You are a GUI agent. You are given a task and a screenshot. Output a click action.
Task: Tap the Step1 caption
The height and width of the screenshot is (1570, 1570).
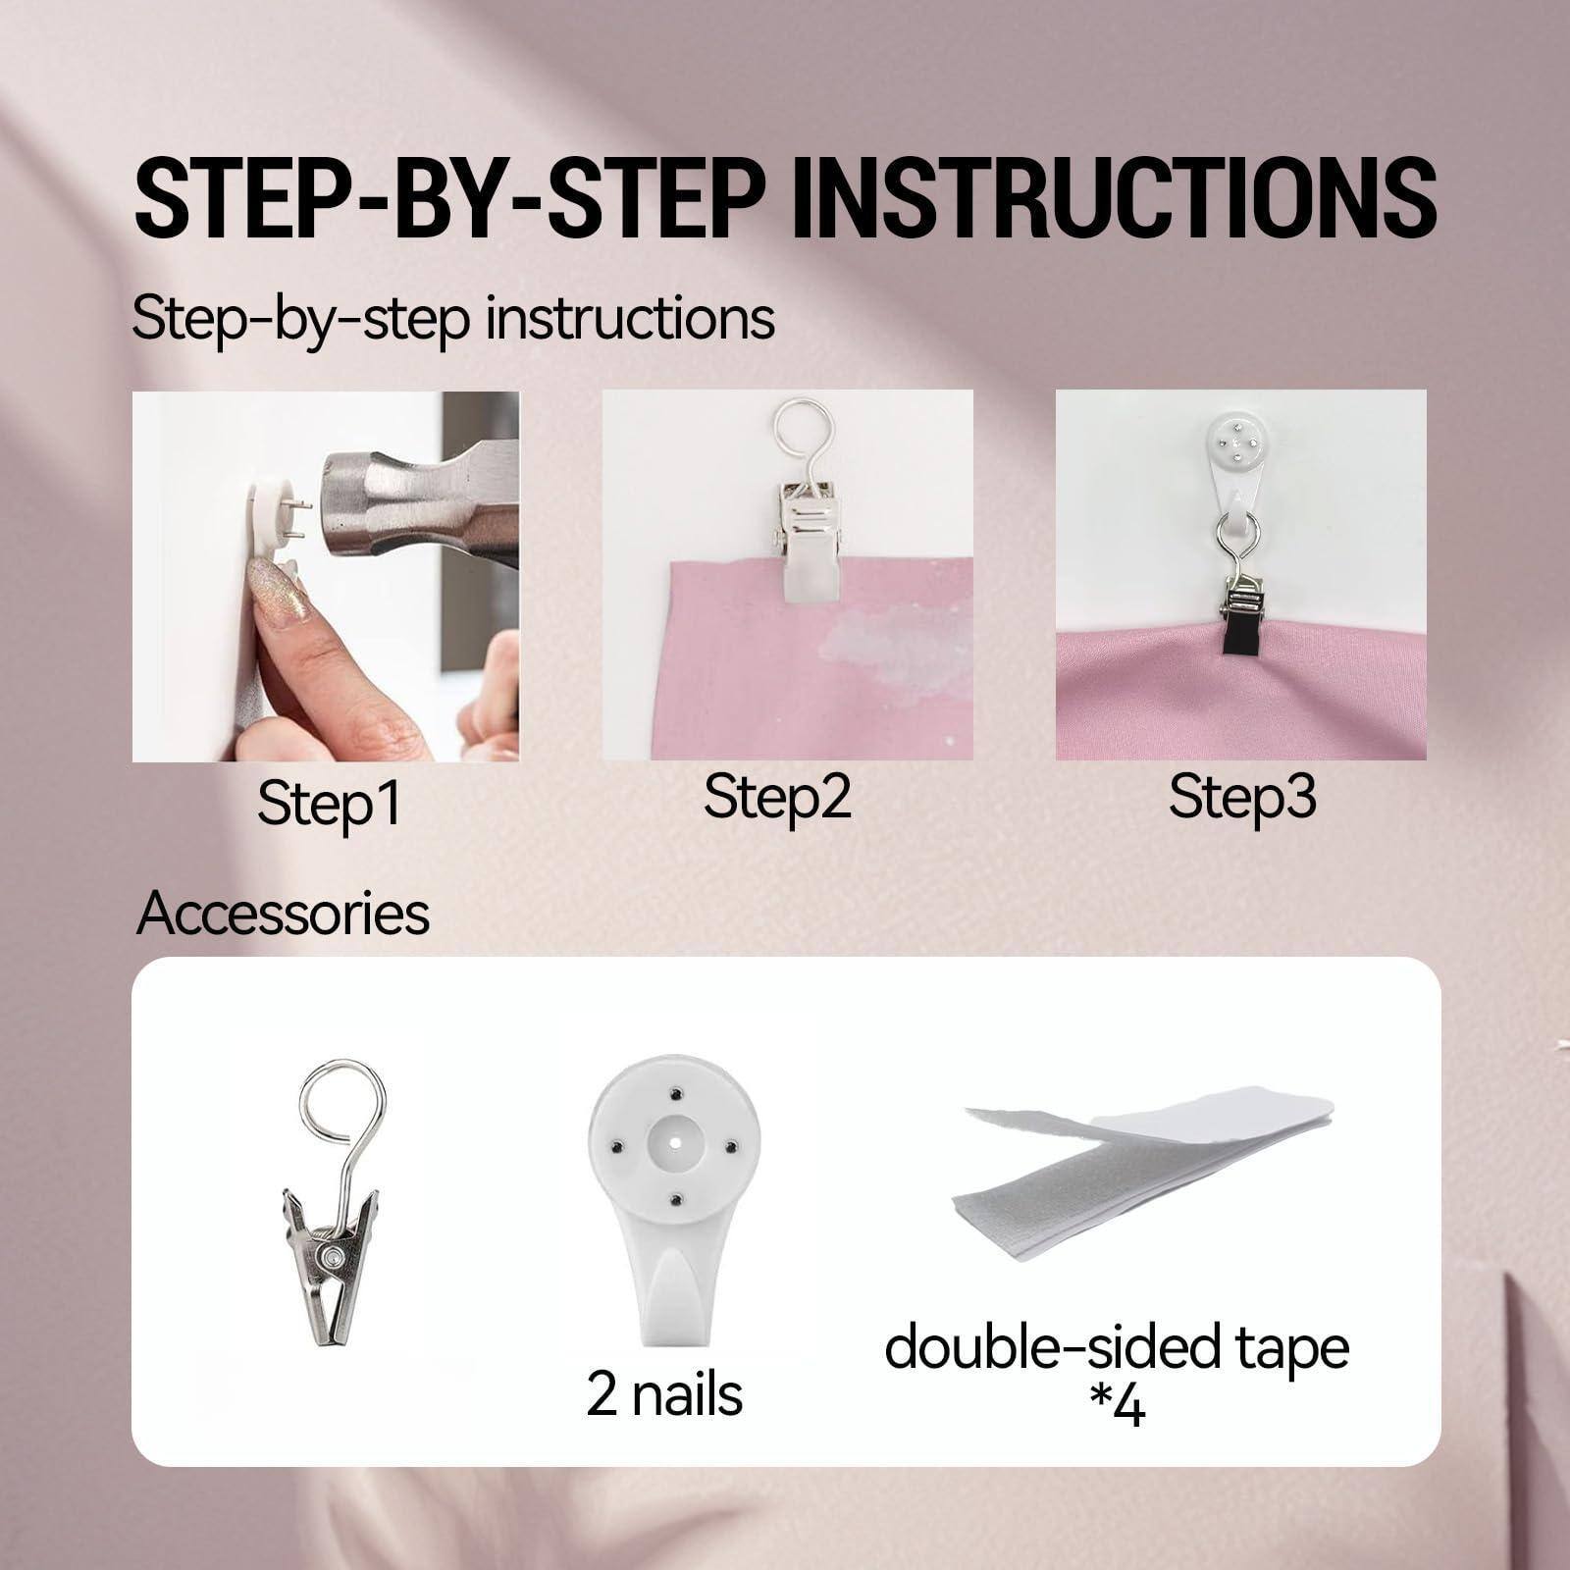[x=329, y=804]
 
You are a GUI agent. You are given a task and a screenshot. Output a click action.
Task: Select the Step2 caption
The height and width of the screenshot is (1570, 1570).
[x=776, y=798]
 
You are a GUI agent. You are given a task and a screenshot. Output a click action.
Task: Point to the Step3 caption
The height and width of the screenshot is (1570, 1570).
[x=1241, y=798]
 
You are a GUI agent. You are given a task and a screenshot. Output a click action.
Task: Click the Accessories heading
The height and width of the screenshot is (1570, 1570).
[x=283, y=914]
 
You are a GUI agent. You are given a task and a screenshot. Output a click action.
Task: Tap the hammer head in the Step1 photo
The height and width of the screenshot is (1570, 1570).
[x=392, y=510]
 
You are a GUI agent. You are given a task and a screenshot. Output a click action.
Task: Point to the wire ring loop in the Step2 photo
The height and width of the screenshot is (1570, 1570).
[x=805, y=432]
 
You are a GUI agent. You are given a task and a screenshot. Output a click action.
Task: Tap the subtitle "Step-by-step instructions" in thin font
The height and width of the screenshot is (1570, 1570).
[x=453, y=318]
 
